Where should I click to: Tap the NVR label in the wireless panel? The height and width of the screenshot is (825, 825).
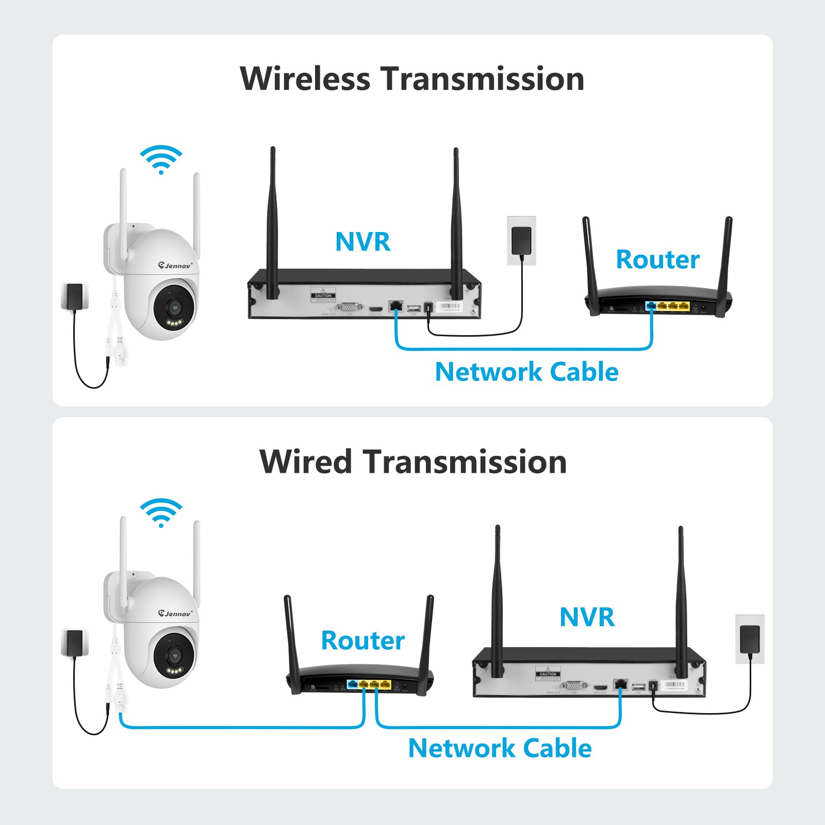point(362,241)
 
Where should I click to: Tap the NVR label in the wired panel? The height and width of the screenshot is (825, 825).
point(587,617)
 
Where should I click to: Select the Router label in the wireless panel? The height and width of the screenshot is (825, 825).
point(657,259)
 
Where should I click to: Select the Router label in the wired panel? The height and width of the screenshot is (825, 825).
point(362,640)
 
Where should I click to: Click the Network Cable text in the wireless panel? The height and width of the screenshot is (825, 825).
point(526,372)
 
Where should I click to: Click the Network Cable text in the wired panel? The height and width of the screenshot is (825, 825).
point(500,748)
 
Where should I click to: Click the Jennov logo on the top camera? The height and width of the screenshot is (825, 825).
point(175,265)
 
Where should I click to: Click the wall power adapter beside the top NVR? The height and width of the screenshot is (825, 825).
point(521,240)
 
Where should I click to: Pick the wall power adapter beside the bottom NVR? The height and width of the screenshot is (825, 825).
point(749,639)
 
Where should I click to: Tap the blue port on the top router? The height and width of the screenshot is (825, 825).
point(651,306)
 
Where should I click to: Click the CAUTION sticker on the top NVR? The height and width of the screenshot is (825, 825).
point(323,295)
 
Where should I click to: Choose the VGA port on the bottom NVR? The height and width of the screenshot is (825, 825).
point(574,685)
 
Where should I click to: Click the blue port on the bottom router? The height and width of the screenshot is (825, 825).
point(353,684)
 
